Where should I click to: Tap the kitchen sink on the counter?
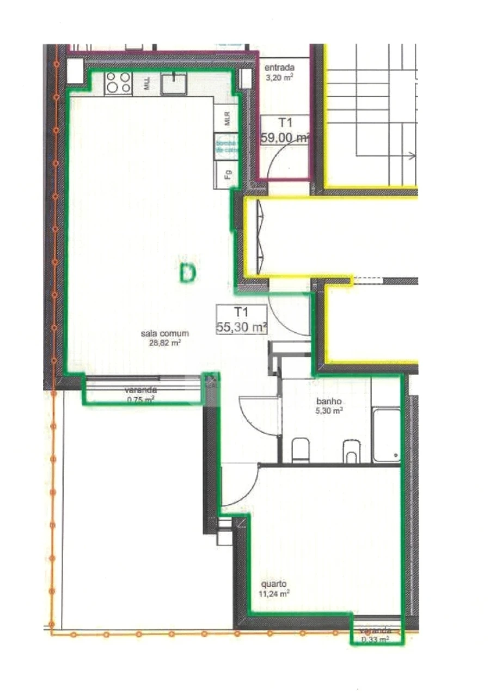pyautogui.click(x=174, y=84)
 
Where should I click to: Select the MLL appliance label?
pyautogui.click(x=147, y=84)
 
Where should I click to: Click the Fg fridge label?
pyautogui.click(x=228, y=175)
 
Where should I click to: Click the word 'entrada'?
pyautogui.click(x=279, y=68)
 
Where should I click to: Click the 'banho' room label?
pyautogui.click(x=329, y=402)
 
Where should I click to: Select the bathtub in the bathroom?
pyautogui.click(x=386, y=435)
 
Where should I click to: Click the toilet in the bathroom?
pyautogui.click(x=300, y=451)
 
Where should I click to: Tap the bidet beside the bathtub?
pyautogui.click(x=352, y=451)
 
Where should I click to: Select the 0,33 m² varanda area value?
pyautogui.click(x=375, y=640)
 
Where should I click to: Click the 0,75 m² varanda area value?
pyautogui.click(x=140, y=399)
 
